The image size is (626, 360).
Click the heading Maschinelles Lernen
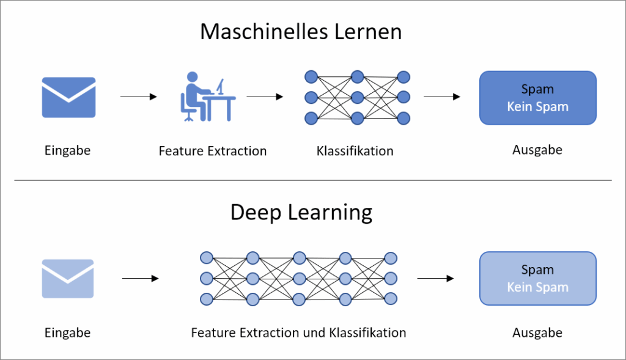[301, 32]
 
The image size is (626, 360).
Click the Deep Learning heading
[301, 213]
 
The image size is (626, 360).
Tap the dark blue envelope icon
[68, 97]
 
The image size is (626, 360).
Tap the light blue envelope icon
[67, 279]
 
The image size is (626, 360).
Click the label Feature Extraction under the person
[212, 151]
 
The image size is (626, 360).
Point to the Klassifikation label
[355, 151]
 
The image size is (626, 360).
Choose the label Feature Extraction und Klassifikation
[298, 333]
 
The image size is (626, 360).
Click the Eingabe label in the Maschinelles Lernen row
[67, 150]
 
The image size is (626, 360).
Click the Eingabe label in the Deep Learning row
[67, 333]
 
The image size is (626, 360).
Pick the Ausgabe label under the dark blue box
[537, 150]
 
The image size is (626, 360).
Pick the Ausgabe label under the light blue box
[537, 333]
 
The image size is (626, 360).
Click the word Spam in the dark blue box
[537, 89]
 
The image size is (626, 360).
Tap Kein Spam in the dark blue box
[537, 107]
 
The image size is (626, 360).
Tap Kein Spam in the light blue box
[537, 287]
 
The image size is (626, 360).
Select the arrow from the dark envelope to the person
[139, 97]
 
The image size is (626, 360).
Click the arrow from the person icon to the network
[264, 97]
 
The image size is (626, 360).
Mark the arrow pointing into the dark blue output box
[441, 97]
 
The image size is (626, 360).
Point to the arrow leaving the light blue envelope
[140, 279]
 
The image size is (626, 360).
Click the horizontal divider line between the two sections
[312, 180]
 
